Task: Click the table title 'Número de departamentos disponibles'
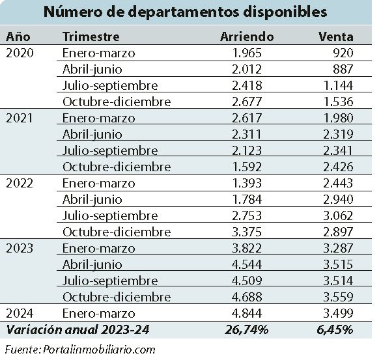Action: coord(186,12)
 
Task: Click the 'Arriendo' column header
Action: coord(247,36)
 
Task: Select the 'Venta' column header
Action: coord(336,36)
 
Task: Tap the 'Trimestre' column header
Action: coord(91,36)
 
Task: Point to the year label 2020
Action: coord(20,53)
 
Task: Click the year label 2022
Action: coord(20,183)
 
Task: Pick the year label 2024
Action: coord(20,313)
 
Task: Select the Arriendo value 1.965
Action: coord(247,53)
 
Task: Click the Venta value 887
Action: coord(343,69)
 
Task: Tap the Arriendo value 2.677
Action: coord(247,102)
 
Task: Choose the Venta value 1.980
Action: coord(339,118)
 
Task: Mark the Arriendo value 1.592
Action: coord(247,167)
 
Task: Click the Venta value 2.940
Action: coord(338,199)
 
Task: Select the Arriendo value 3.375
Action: coord(247,232)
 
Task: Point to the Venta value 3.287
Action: coord(338,248)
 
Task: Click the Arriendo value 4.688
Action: coord(247,297)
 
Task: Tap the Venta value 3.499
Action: coord(338,313)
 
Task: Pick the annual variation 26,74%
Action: coord(247,330)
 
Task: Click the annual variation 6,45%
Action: coord(335,330)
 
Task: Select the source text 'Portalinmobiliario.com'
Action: coord(99,350)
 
